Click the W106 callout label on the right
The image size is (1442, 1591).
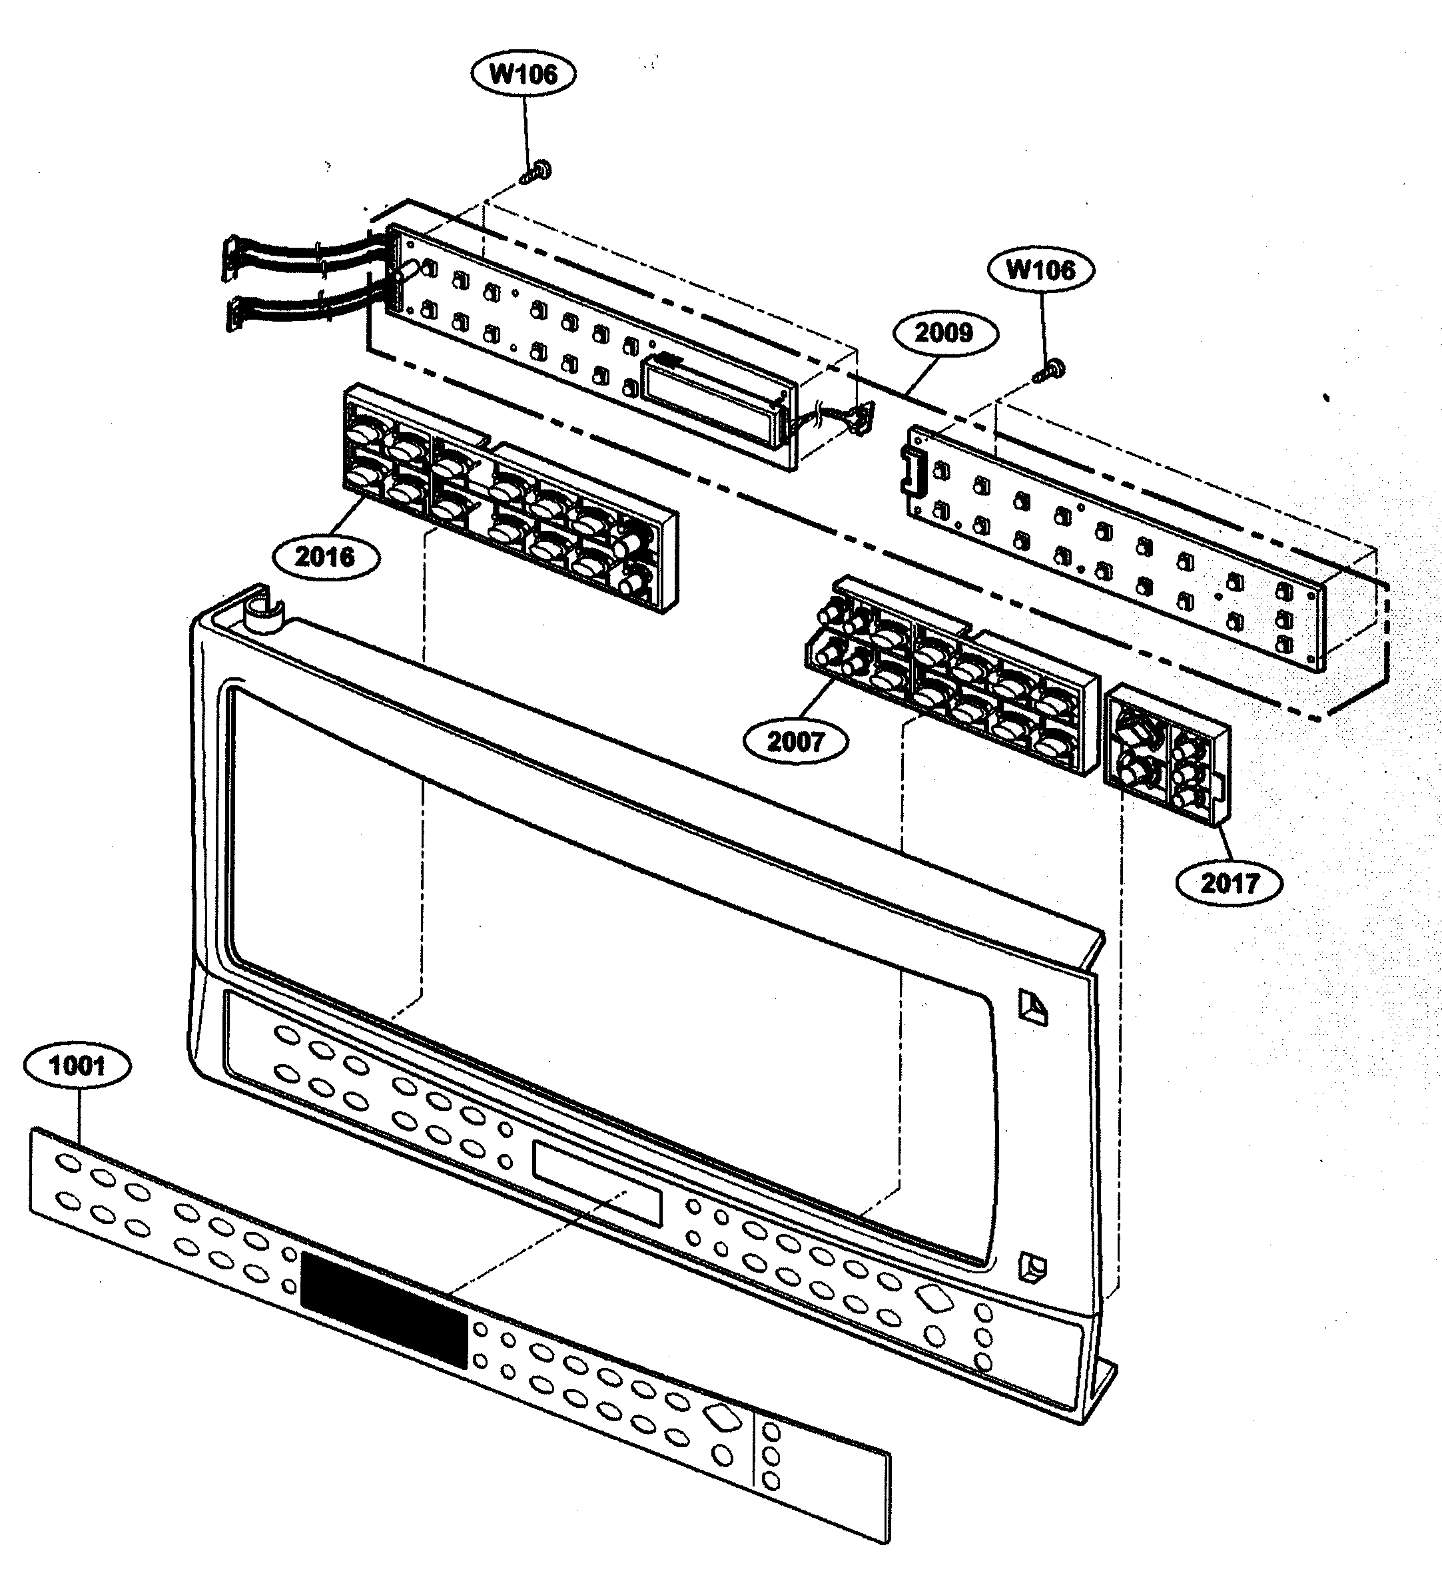1040,270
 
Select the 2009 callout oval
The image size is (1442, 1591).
944,332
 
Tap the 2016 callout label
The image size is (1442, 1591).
324,557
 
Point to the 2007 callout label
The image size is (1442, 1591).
795,741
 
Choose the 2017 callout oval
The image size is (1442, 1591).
1229,882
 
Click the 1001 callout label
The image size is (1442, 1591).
77,1066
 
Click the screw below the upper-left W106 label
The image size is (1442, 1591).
539,171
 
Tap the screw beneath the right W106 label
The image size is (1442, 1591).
1052,368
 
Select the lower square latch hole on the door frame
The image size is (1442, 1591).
1032,1267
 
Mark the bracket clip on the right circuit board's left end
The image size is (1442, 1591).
912,469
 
